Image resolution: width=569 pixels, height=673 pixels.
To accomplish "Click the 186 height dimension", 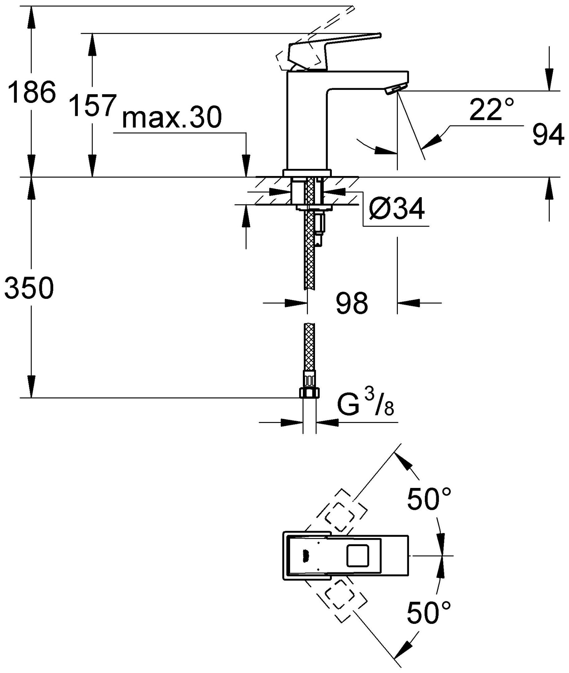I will point(31,92).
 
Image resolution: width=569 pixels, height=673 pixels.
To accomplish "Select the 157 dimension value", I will point(90,105).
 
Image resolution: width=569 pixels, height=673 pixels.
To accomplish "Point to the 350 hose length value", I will point(29,288).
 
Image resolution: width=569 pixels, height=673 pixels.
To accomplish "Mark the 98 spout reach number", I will point(352,304).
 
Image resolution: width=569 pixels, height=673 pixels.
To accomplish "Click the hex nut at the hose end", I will point(309,392).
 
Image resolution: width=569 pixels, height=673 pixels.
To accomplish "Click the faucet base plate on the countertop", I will point(308,173).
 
